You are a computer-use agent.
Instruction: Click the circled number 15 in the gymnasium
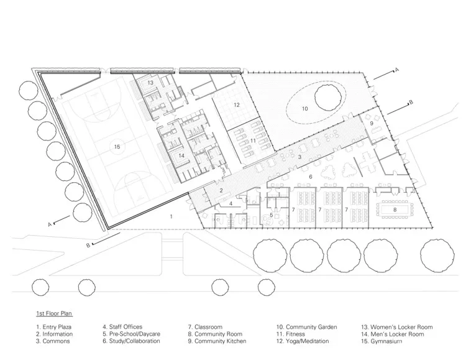pos(116,147)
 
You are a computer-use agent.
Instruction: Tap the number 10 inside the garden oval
pos(304,109)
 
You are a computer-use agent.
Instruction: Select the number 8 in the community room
pos(395,211)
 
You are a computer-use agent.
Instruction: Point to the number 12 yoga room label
pos(236,105)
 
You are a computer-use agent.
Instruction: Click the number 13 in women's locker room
pos(150,83)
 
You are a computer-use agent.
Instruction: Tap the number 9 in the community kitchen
pos(372,124)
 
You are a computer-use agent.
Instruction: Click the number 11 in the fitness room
pos(254,142)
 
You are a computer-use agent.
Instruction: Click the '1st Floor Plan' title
pos(54,313)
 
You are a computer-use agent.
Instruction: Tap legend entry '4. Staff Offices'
pos(122,327)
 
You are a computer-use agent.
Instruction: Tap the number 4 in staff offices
pos(231,203)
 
